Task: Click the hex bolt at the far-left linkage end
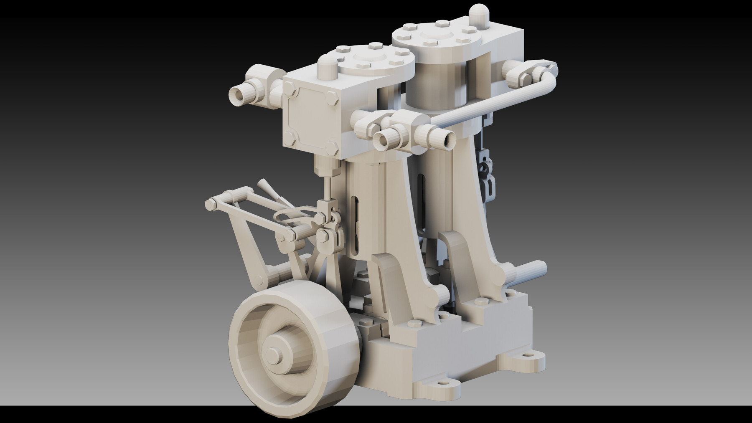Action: click(x=211, y=204)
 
